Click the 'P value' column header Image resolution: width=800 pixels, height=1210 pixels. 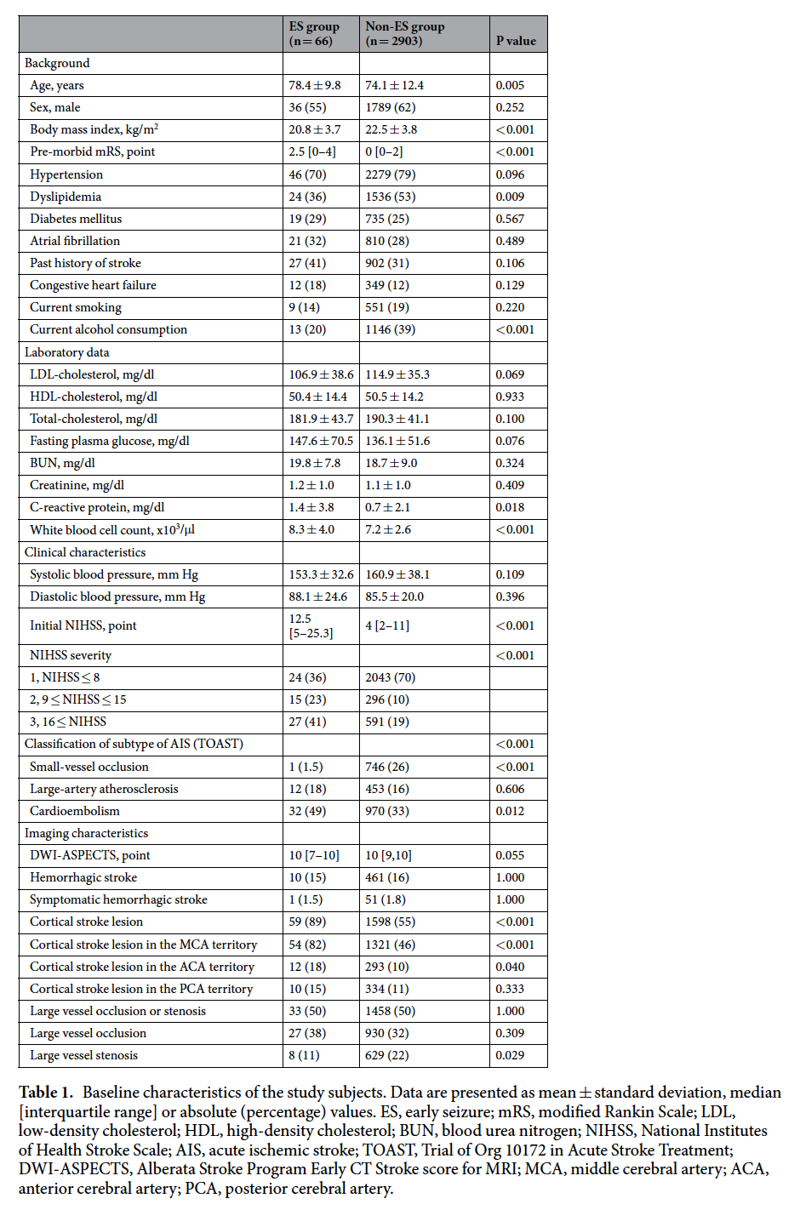(x=516, y=41)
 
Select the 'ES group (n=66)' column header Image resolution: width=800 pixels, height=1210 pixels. (x=314, y=34)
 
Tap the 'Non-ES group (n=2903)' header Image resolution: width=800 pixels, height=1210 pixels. (x=405, y=34)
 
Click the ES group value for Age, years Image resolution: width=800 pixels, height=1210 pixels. (x=314, y=85)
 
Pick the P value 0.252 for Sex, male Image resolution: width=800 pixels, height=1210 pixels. (x=510, y=107)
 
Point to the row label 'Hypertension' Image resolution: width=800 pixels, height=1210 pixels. (x=66, y=174)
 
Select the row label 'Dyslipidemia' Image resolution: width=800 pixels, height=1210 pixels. (x=66, y=197)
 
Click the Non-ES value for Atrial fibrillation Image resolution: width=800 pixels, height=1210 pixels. (x=387, y=241)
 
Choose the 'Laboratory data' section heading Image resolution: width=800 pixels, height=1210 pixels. (x=67, y=352)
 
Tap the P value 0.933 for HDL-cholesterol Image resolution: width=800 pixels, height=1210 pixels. (x=510, y=397)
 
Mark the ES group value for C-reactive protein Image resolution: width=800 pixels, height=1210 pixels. (x=311, y=507)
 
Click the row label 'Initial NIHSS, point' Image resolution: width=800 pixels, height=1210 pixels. (x=83, y=625)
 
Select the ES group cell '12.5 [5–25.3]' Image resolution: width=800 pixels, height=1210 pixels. (x=311, y=625)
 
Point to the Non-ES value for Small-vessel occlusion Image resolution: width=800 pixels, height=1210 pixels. (x=387, y=767)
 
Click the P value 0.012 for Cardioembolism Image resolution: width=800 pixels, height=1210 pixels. (x=510, y=811)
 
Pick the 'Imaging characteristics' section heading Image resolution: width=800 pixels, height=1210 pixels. (x=86, y=833)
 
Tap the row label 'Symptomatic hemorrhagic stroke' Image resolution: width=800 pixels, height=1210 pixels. (x=118, y=899)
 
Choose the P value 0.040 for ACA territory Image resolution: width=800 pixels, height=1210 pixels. (x=510, y=967)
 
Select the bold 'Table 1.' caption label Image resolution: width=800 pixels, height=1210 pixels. (x=46, y=1093)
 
